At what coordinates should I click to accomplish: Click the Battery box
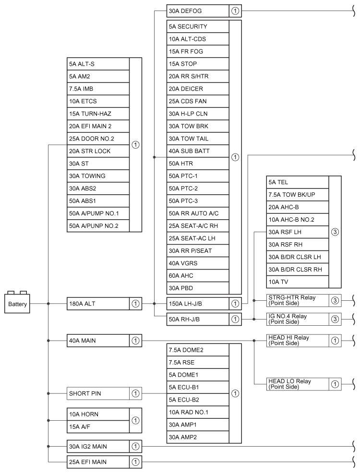pos(17,304)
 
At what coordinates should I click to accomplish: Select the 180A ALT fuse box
pos(98,304)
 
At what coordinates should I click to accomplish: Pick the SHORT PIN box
pos(98,394)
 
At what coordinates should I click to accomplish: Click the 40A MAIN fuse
pos(98,341)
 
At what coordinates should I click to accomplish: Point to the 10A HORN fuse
pos(98,413)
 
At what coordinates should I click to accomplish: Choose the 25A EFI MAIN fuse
pos(98,462)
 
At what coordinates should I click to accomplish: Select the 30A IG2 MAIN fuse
pos(98,446)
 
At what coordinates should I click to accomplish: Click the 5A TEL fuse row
pos(297,182)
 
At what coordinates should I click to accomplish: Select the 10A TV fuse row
pos(297,282)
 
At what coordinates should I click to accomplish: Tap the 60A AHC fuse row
pos(198,276)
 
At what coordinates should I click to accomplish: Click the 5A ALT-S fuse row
pos(98,64)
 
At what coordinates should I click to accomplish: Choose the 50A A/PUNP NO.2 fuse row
pos(98,225)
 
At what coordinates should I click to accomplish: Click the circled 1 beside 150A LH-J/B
pos(235,304)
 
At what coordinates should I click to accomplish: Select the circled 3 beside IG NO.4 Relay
pos(335,319)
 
